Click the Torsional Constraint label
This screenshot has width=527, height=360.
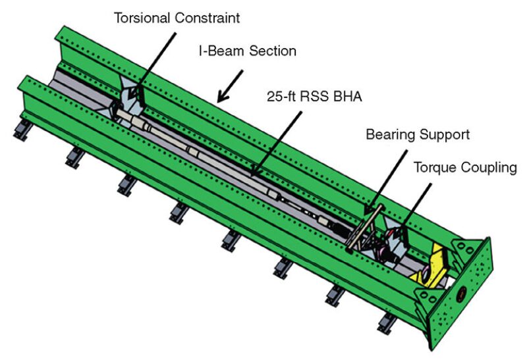(177, 17)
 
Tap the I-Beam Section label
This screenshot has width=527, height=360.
(248, 51)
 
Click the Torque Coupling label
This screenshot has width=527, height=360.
(464, 167)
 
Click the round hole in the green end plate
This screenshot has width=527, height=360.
(461, 290)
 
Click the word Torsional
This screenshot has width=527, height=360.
(141, 17)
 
